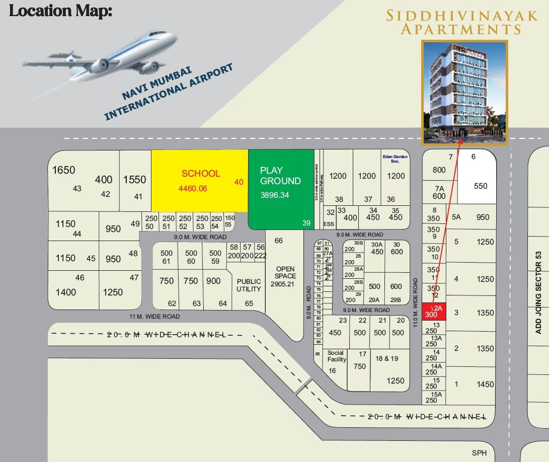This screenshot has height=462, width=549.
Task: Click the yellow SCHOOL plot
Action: (x=200, y=180)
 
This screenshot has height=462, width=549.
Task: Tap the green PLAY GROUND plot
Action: (x=281, y=189)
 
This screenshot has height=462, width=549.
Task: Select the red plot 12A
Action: (x=432, y=311)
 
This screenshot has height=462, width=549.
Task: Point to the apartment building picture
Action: (x=465, y=93)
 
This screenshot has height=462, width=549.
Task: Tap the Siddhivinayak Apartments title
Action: (x=462, y=22)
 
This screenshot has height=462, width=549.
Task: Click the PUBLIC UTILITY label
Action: (x=249, y=285)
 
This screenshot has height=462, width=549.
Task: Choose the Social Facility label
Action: (x=337, y=356)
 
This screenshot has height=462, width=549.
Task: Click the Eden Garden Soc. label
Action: (x=396, y=159)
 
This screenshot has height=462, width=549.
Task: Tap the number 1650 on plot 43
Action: (x=63, y=170)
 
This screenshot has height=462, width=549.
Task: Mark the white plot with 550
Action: (x=481, y=186)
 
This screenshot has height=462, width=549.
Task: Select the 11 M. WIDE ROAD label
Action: (x=154, y=317)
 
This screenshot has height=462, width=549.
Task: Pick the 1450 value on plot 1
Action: (x=485, y=384)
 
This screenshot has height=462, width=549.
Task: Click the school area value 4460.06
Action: (x=193, y=189)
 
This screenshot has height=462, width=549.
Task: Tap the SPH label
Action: (x=479, y=453)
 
